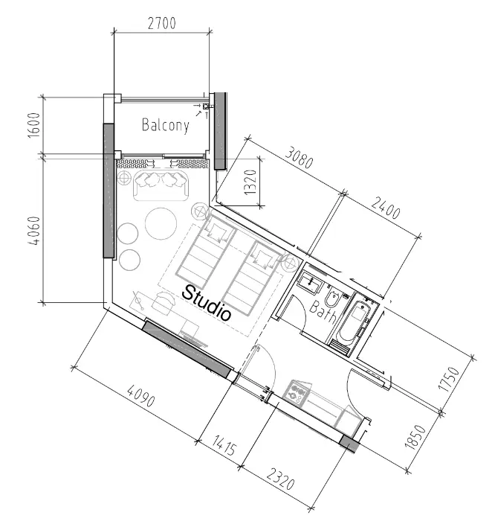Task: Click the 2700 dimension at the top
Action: point(162,23)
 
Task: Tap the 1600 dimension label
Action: point(34,125)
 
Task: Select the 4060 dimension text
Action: point(34,231)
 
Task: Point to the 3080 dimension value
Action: point(300,157)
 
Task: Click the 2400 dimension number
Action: point(386,208)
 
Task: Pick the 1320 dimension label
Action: point(250,182)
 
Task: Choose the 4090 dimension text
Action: point(141,396)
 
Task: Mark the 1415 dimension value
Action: point(224,445)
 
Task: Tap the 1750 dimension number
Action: point(449,379)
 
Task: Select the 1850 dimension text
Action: point(415,437)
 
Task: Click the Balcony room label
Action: point(166,125)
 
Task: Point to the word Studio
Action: point(207,303)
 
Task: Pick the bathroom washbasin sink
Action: point(311,281)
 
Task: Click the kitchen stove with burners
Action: point(297,392)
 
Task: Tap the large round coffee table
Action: point(161,224)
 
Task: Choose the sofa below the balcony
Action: point(161,185)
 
